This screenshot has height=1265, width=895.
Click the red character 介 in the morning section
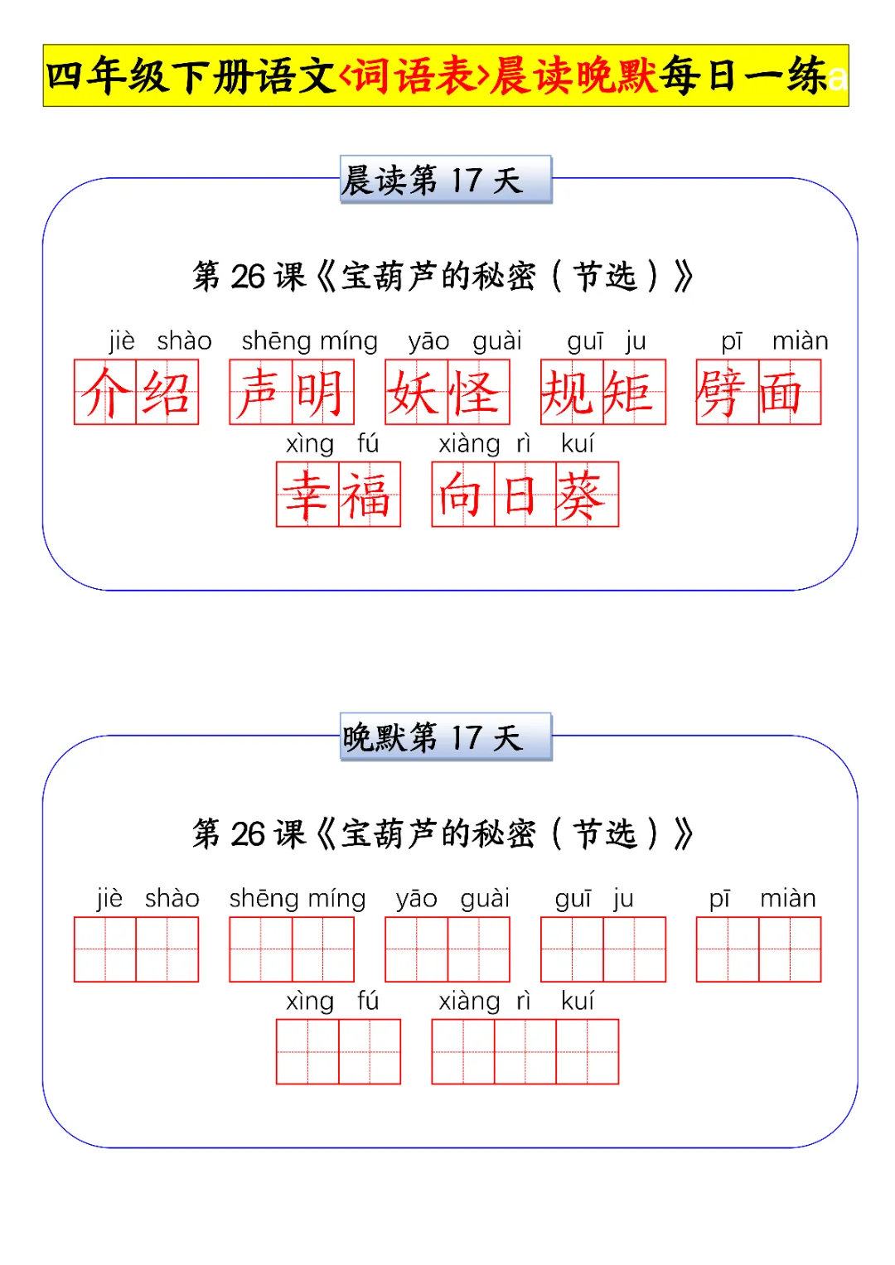coord(105,393)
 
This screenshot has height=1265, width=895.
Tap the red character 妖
coord(416,393)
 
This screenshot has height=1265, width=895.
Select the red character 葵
coord(587,495)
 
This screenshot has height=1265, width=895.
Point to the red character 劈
coord(727,393)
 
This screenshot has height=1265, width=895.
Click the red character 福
coord(369,495)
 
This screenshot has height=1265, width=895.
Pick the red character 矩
coord(634,393)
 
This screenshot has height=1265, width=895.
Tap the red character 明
coord(322,393)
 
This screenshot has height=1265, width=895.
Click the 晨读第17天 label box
coord(445,180)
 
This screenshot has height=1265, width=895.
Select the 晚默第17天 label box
coord(445,737)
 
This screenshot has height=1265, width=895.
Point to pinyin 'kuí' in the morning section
coord(577,444)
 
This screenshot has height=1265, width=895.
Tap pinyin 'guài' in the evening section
coord(485,899)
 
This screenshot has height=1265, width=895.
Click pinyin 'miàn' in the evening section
coord(787,899)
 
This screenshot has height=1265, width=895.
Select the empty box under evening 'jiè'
coord(105,949)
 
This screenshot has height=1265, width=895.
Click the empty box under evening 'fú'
coord(369,1052)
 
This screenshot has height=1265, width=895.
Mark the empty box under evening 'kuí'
coord(587,1052)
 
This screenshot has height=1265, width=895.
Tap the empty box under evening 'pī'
coord(727,949)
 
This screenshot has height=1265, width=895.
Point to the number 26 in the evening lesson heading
coord(248,834)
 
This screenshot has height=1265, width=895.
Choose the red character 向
coord(462,495)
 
